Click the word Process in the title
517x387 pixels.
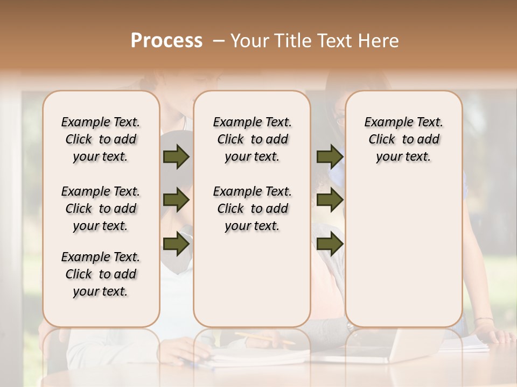coord(166,40)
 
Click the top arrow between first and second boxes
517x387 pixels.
coord(176,156)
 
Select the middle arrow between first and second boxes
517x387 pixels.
coord(176,200)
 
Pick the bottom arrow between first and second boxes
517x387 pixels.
coord(176,243)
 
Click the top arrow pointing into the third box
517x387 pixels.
coord(330,156)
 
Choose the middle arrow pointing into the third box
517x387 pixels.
coord(330,200)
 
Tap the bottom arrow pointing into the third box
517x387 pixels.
coord(330,243)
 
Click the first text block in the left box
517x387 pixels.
coord(101,139)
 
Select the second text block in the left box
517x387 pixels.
coord(101,209)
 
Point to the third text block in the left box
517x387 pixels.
coord(101,274)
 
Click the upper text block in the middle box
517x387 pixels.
coord(252,139)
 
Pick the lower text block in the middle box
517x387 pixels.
coord(252,209)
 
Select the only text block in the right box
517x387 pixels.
coord(403,139)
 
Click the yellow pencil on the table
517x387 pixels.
coord(264,338)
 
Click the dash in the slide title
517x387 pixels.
coord(219,40)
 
